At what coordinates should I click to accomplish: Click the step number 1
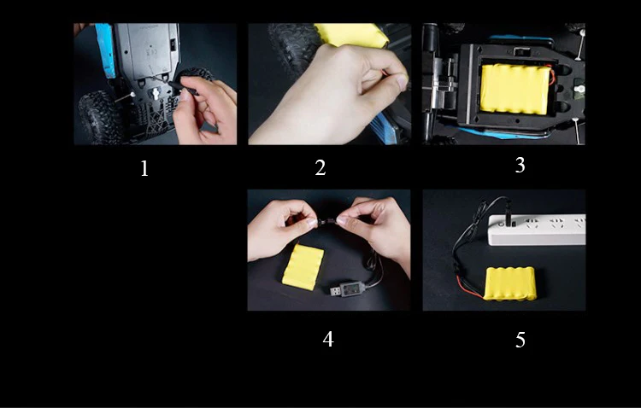[x=144, y=168]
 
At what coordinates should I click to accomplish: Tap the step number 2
[x=320, y=168]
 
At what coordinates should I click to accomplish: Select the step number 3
[x=520, y=165]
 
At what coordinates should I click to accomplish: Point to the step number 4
[x=328, y=339]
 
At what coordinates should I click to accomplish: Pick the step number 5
[x=520, y=340]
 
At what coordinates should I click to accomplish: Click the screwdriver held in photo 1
[x=183, y=88]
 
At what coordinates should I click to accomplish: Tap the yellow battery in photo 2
[x=351, y=34]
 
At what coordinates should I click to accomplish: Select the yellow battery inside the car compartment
[x=515, y=89]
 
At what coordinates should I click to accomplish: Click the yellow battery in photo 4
[x=303, y=267]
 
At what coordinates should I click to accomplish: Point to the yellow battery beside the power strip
[x=509, y=283]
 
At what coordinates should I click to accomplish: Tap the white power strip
[x=537, y=230]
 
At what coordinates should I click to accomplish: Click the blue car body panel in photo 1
[x=104, y=50]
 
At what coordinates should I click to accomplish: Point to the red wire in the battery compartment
[x=552, y=75]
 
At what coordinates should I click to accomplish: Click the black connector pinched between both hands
[x=326, y=222]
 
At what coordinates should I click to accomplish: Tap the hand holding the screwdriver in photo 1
[x=205, y=111]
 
